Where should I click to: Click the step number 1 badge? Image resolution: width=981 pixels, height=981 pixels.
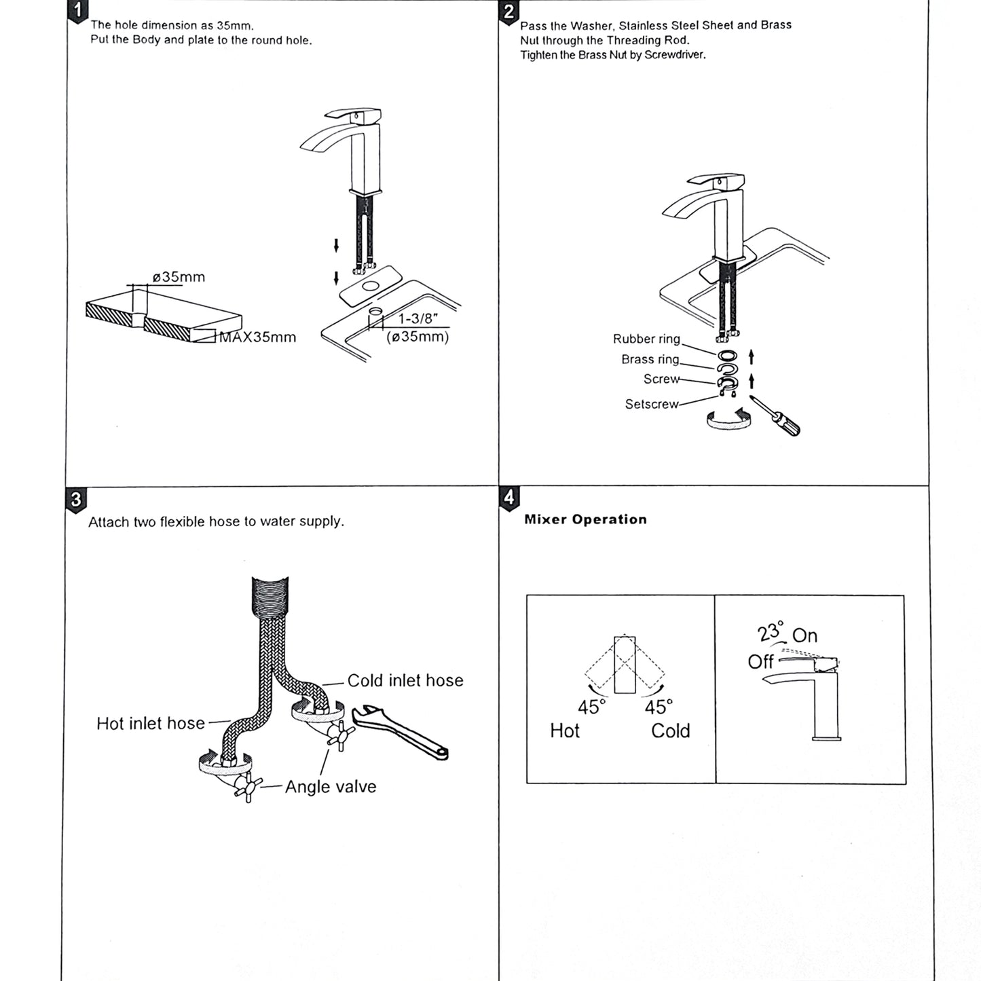pos(79,10)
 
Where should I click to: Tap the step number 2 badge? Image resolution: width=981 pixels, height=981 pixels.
pos(508,12)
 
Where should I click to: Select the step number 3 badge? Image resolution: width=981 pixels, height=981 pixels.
pos(75,500)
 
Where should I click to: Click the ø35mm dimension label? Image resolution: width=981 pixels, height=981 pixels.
pos(179,277)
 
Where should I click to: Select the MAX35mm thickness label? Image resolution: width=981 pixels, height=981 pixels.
pos(257,337)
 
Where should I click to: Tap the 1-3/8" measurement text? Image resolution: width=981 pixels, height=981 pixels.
pos(418,319)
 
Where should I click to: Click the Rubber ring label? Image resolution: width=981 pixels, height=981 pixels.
pos(646,339)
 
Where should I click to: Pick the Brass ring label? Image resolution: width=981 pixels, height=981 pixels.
pos(650,359)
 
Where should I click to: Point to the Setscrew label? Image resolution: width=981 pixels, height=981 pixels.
pos(651,404)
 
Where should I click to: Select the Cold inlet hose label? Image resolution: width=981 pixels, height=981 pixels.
pos(405,680)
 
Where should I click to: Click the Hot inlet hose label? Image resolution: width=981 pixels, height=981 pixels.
pos(150,724)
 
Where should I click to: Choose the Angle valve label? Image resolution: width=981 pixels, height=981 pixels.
pos(331,787)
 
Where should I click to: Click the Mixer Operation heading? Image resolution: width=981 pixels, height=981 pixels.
pos(585,519)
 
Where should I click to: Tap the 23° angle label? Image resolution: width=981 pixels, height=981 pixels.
pos(771,632)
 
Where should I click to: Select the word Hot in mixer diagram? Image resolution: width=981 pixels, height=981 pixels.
pos(564,731)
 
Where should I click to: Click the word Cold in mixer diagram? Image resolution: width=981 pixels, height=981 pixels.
pos(670,731)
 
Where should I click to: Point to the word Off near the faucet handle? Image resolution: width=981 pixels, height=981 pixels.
pos(760,662)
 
